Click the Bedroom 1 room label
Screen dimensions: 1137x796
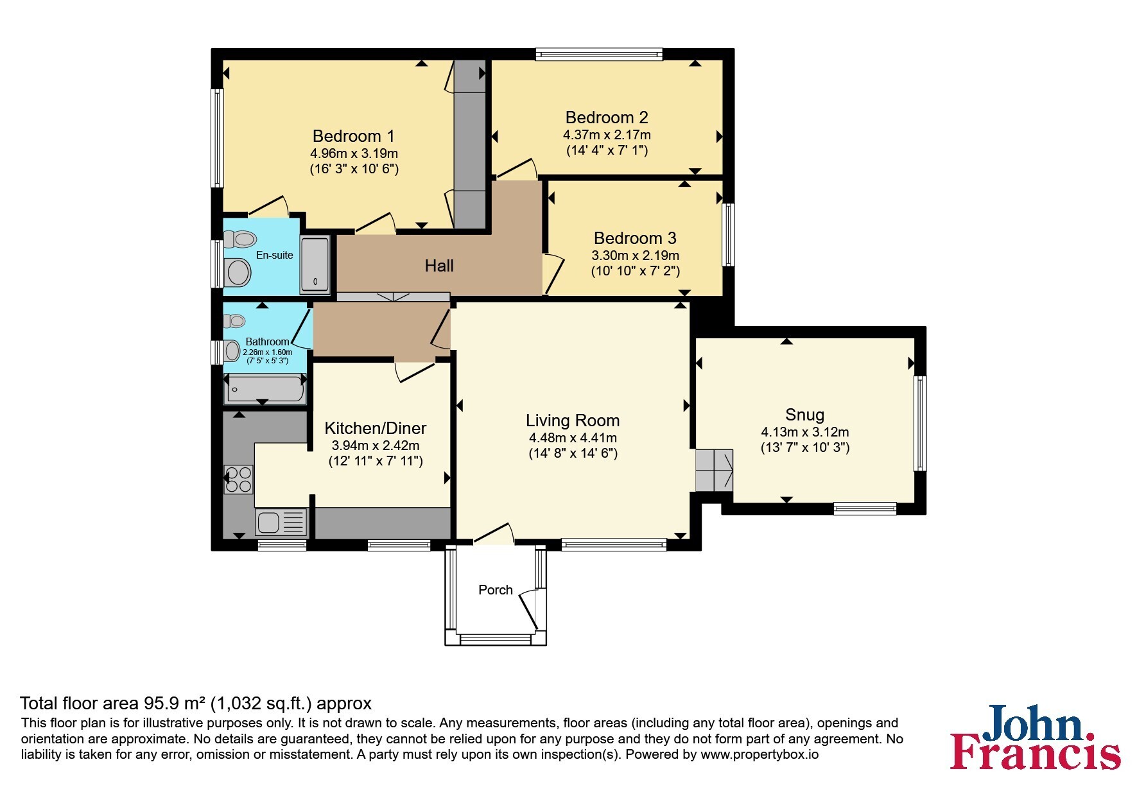pyautogui.click(x=353, y=136)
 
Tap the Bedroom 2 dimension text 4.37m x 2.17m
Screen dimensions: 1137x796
pyautogui.click(x=607, y=135)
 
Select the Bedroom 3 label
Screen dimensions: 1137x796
pyautogui.click(x=635, y=238)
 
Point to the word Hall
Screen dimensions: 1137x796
pyautogui.click(x=439, y=266)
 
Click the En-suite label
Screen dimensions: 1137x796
pyautogui.click(x=274, y=255)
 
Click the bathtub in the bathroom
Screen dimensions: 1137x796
pyautogui.click(x=263, y=390)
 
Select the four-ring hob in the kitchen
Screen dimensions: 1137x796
pyautogui.click(x=238, y=480)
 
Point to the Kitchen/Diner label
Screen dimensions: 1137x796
pyautogui.click(x=376, y=428)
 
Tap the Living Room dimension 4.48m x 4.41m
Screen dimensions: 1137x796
pyautogui.click(x=573, y=438)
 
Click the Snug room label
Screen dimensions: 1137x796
pyautogui.click(x=804, y=415)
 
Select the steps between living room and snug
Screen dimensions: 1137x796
pyautogui.click(x=714, y=470)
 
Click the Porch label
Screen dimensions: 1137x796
pyautogui.click(x=496, y=590)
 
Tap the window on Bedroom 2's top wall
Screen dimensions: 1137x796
pyautogui.click(x=599, y=55)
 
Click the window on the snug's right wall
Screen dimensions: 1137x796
pyautogui.click(x=921, y=423)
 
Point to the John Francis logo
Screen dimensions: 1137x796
pyautogui.click(x=1036, y=737)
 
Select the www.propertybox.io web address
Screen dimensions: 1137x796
pyautogui.click(x=759, y=755)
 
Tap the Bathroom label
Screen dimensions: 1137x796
pyautogui.click(x=267, y=342)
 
